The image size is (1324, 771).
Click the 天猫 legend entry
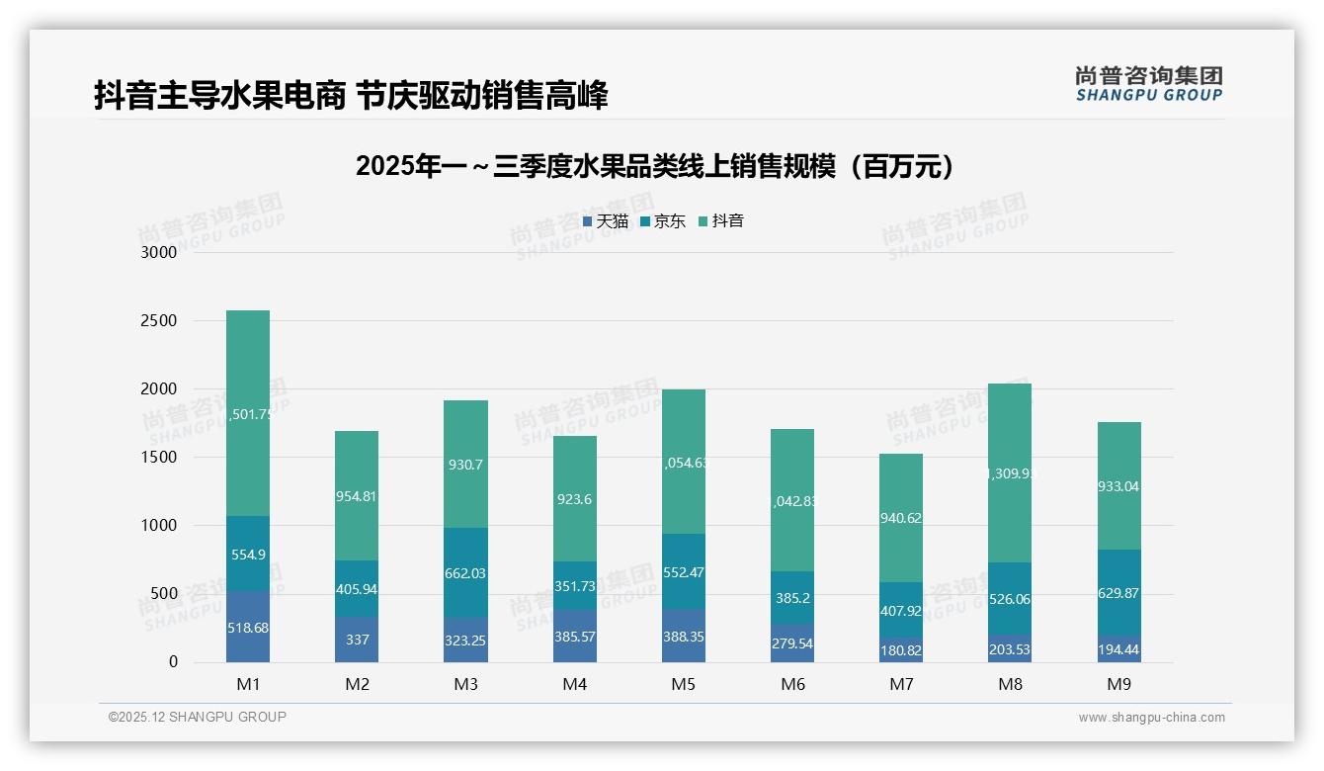click(x=606, y=221)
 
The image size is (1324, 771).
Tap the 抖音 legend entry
click(x=721, y=221)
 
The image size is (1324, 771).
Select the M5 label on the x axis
click(x=684, y=684)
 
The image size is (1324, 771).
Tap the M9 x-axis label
click(x=1118, y=684)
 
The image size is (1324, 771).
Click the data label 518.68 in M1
click(x=247, y=628)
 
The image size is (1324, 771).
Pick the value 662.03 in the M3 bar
click(x=465, y=573)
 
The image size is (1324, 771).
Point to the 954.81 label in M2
click(x=357, y=496)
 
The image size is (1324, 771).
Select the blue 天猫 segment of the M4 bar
click(x=574, y=638)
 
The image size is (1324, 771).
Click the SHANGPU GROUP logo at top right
click(x=1148, y=84)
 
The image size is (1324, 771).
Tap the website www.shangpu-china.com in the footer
click(x=1151, y=718)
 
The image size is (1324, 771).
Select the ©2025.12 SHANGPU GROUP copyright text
click(x=198, y=717)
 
